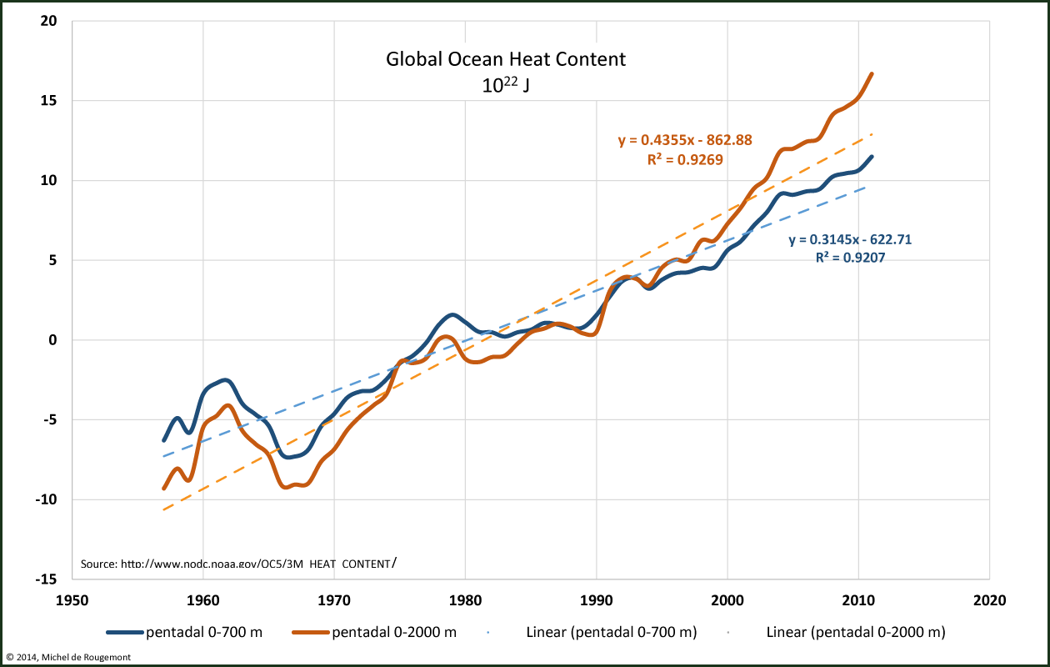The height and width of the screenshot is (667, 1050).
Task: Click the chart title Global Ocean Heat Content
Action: point(505,60)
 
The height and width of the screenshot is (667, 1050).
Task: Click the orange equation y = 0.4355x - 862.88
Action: point(684,140)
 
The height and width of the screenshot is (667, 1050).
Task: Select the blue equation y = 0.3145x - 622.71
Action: point(850,240)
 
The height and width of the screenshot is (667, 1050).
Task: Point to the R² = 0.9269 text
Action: point(685,158)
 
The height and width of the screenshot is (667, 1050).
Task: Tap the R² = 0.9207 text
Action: point(850,258)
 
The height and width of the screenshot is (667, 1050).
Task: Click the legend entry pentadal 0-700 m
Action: point(204,632)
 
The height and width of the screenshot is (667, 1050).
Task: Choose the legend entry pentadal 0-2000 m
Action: point(394,632)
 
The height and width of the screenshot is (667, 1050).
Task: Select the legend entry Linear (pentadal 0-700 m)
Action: point(611,632)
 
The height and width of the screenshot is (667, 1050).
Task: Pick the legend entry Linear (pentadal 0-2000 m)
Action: point(855,632)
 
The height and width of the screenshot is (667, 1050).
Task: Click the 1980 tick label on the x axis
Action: point(465,599)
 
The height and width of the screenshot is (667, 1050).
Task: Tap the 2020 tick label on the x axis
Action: point(989,599)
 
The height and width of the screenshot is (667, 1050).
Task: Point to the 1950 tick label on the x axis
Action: point(72,599)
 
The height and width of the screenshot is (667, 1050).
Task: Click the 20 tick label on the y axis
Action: point(48,21)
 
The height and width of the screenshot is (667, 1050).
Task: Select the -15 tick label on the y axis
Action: point(45,579)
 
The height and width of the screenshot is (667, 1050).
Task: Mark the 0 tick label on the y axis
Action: point(52,340)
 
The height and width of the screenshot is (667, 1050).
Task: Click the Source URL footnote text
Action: point(237,564)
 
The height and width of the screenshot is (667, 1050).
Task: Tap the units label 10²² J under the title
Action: point(505,84)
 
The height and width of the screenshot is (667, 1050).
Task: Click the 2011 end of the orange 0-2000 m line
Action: point(872,73)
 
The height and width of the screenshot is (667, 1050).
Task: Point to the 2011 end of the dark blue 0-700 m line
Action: point(872,157)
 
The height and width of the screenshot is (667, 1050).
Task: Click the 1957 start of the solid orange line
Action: point(164,489)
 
